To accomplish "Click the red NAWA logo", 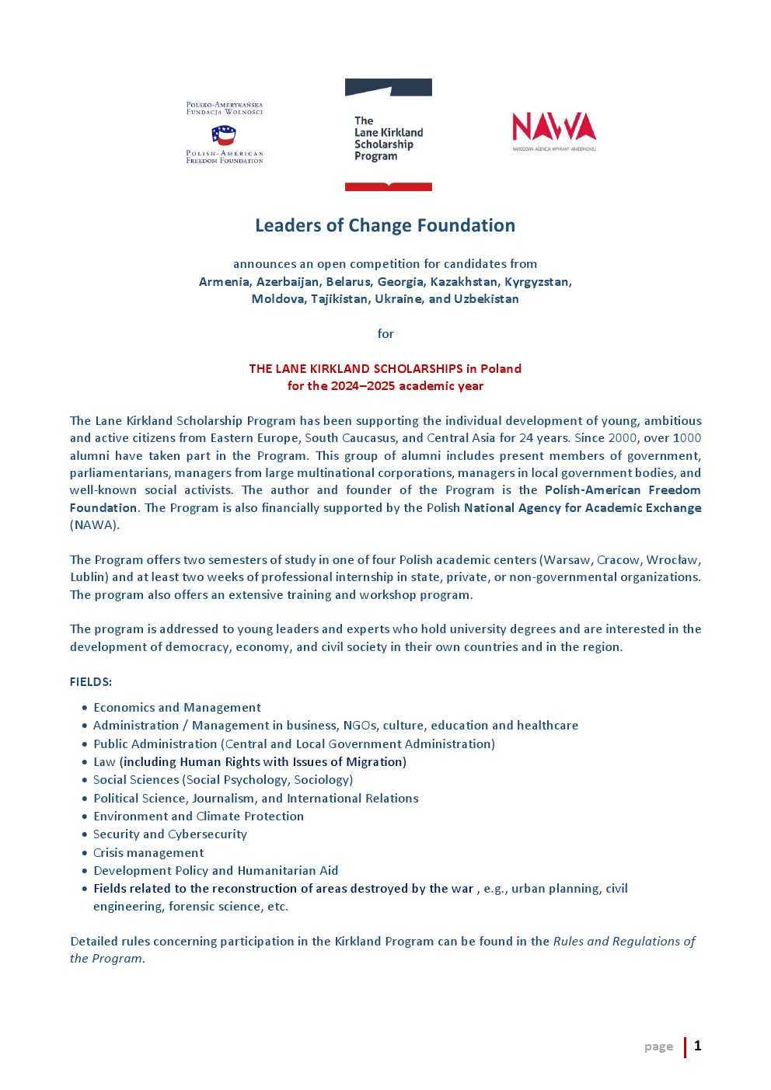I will (553, 127).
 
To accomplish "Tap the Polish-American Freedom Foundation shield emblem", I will (224, 136).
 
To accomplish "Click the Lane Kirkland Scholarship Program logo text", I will (388, 138).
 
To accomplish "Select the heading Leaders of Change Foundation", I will (385, 225).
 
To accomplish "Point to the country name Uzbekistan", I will (486, 299).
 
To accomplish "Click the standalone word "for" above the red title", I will (385, 334).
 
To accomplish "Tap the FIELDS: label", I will (91, 682).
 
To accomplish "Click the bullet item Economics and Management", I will (176, 708).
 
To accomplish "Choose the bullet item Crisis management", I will (148, 853).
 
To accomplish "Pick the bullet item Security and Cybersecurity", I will (169, 834).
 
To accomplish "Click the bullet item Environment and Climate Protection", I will (198, 817).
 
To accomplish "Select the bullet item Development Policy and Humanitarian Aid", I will (215, 871).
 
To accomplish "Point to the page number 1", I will (697, 1046).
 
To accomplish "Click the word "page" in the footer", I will (658, 1046).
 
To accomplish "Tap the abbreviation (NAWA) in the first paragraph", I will (95, 525).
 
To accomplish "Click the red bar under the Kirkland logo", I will (388, 187).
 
